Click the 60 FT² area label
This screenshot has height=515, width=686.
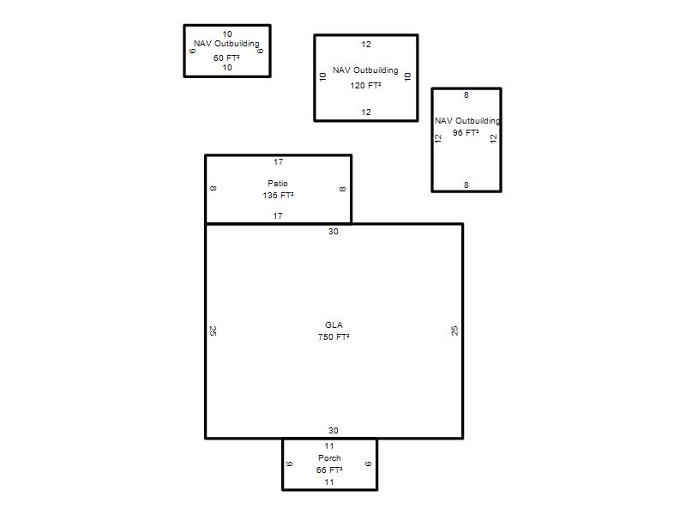[226, 58]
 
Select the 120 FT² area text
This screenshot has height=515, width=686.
[365, 85]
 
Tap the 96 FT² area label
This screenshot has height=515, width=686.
[466, 132]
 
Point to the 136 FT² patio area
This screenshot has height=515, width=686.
[278, 196]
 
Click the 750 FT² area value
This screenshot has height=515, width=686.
[334, 336]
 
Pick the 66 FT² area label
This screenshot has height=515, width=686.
[329, 470]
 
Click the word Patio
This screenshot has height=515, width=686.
[278, 183]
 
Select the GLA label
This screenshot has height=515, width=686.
[334, 325]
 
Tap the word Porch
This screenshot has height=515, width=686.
[329, 458]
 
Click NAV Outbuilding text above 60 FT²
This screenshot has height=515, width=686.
[226, 44]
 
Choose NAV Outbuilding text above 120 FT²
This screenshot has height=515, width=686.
[365, 70]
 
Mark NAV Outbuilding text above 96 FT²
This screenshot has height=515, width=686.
[467, 120]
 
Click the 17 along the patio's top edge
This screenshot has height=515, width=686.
[278, 162]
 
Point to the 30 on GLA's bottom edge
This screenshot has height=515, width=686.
[334, 431]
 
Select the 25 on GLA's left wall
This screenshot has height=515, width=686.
[213, 330]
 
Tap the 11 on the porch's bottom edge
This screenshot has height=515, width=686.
[329, 482]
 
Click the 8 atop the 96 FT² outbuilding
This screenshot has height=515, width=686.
[466, 95]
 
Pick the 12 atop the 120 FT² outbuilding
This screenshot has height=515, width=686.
[366, 45]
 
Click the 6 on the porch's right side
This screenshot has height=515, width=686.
[369, 463]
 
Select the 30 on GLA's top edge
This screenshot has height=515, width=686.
[334, 231]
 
